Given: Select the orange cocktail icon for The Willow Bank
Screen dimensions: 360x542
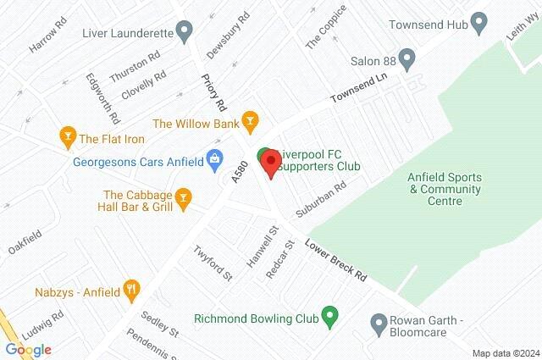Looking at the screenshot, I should point(249,123).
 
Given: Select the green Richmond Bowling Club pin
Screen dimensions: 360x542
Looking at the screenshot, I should point(331,319).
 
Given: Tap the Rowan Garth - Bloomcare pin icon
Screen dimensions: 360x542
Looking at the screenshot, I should point(379,323).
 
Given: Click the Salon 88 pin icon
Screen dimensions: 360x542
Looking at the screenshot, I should point(407,61).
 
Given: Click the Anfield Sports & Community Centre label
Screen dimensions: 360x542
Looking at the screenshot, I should point(446,189).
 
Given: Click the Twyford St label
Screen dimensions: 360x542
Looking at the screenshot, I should point(211,262).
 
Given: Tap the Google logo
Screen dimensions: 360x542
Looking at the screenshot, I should point(28,349).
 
